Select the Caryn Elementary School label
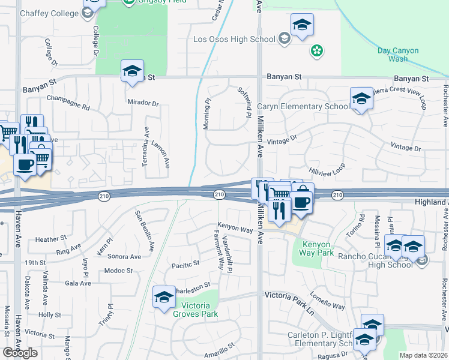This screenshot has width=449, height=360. pyautogui.click(x=303, y=107)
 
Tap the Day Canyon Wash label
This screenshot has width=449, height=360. pyautogui.click(x=402, y=55)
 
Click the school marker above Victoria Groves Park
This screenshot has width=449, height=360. pyautogui.click(x=164, y=298)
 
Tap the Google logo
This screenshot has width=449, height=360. pyautogui.click(x=20, y=353)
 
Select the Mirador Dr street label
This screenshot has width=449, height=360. pyautogui.click(x=143, y=103)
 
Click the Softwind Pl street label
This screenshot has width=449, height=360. pyautogui.click(x=245, y=101)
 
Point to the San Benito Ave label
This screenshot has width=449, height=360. pyautogui.click(x=145, y=230)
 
